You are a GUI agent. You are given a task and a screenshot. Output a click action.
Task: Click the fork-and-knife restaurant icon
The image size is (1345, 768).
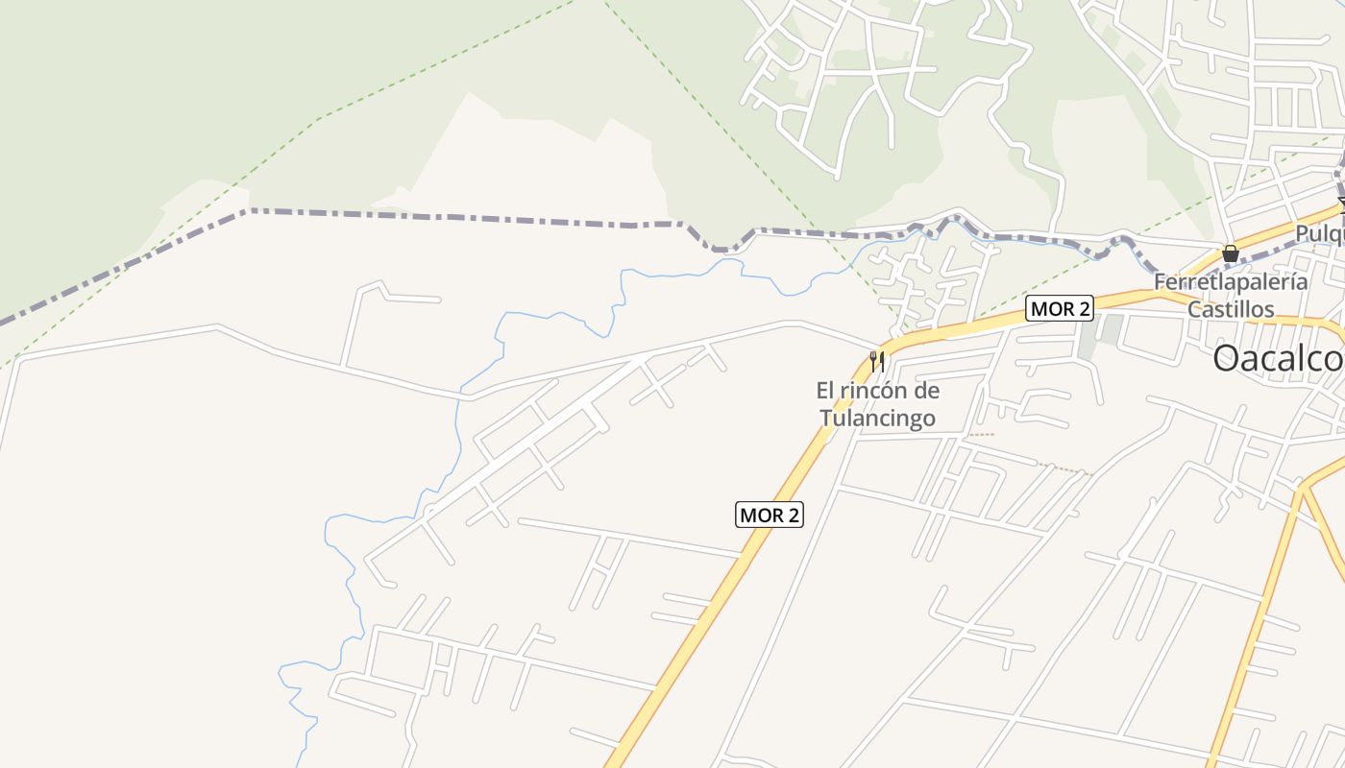pyautogui.click(x=875, y=362)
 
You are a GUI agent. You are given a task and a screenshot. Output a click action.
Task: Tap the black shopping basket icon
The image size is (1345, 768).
pyautogui.click(x=1230, y=253)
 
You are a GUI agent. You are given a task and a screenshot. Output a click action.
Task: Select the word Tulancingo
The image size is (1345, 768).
pyautogui.click(x=877, y=419)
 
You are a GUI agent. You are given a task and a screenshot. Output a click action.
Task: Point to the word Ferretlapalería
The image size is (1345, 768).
pyautogui.click(x=1231, y=282)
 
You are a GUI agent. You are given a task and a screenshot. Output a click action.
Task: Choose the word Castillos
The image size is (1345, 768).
pyautogui.click(x=1231, y=309)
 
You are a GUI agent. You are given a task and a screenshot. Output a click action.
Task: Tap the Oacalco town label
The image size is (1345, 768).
pyautogui.click(x=1278, y=359)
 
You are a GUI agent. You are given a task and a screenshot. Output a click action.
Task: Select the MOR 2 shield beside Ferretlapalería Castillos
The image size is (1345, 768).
pyautogui.click(x=1060, y=308)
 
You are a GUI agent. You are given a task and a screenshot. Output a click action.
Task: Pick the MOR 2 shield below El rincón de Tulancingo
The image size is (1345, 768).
pyautogui.click(x=769, y=515)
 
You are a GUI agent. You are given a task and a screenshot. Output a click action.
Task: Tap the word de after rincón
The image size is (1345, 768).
pyautogui.click(x=926, y=391)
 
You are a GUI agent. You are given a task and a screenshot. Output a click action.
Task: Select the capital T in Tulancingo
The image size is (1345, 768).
pyautogui.click(x=824, y=419)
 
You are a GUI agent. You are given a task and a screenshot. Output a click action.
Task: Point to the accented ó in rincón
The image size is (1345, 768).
pyautogui.click(x=892, y=391)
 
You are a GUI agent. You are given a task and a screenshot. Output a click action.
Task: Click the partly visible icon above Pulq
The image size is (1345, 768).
pyautogui.click(x=1341, y=204)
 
